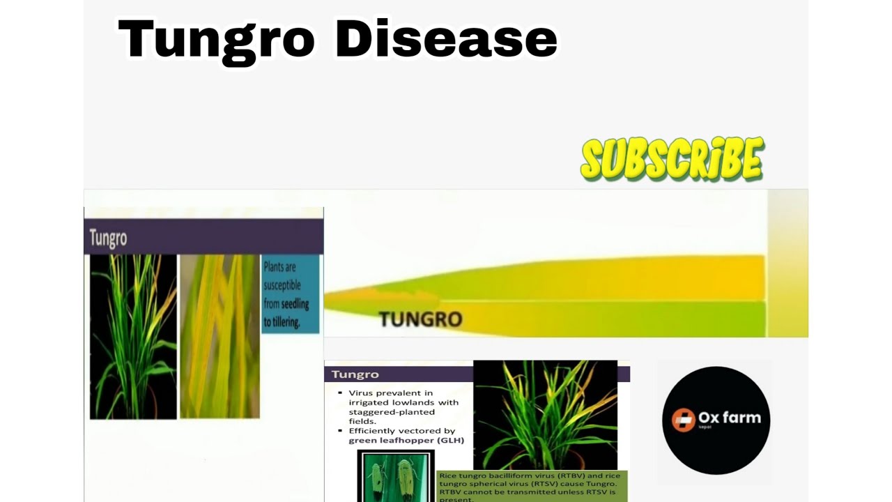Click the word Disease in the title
pos(446,40)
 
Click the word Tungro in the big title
pos(217,40)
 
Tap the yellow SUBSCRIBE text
pos(672,159)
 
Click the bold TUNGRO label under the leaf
pos(420,320)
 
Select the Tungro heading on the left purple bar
pos(108,238)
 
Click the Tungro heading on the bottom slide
pos(355,374)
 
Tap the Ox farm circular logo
pos(716,420)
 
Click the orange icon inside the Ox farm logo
pos(684,420)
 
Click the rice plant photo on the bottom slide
pos(545,415)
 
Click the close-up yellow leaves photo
pos(220,336)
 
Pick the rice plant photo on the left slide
pos(133,336)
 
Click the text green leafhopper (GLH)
pos(406,440)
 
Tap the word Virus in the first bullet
pos(364,393)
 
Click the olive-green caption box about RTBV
pos(532,487)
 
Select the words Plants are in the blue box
pos(279,267)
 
